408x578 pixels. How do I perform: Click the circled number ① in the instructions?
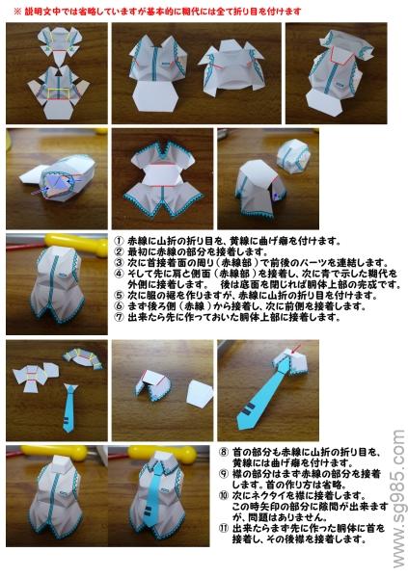pos(119,241)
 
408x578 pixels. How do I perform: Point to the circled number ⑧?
pos(223,450)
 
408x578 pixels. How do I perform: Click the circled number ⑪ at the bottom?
pos(223,528)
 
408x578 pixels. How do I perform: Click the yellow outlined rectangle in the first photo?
pos(60,93)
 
